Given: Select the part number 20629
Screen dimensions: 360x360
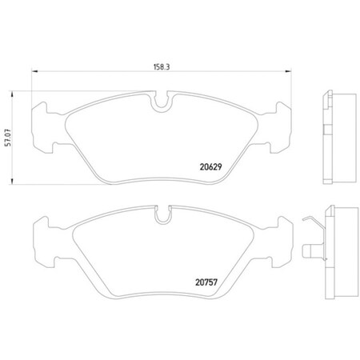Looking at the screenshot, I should click(x=210, y=168).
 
